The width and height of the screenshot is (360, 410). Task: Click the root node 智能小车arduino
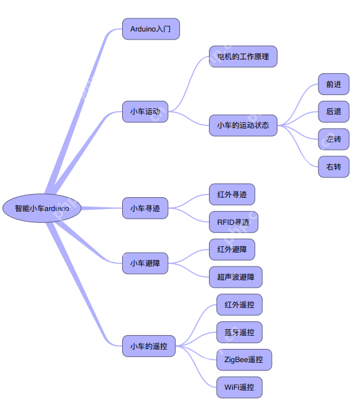(x=42, y=208)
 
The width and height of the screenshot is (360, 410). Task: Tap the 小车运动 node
(x=145, y=111)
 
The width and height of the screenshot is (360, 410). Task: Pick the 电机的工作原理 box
(x=243, y=57)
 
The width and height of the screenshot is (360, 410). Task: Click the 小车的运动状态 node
(x=243, y=125)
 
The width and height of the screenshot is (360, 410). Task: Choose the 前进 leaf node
(x=334, y=84)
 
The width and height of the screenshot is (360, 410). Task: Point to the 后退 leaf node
(x=334, y=111)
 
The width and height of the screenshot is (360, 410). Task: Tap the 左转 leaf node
(x=334, y=139)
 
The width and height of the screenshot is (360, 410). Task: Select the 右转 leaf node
(x=334, y=167)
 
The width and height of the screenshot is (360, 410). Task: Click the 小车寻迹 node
(x=145, y=208)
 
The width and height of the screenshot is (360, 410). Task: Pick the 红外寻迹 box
(x=232, y=195)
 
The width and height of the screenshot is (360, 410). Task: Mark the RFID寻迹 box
(x=233, y=222)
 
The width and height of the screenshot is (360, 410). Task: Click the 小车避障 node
(x=145, y=263)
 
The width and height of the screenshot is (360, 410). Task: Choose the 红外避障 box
(x=232, y=249)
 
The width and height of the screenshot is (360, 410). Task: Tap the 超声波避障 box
(x=236, y=277)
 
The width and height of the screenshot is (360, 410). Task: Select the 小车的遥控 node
(x=149, y=346)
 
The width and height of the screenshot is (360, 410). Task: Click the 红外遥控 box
(x=239, y=305)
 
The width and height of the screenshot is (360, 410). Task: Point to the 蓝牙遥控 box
(x=239, y=332)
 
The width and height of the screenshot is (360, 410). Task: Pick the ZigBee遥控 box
(x=244, y=360)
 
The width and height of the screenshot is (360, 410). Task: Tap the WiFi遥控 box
(x=239, y=387)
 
